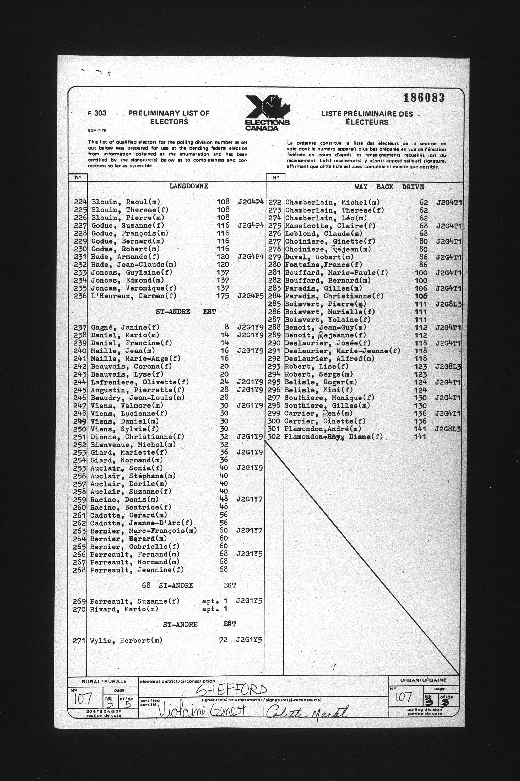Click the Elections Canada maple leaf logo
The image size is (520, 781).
click(x=267, y=112)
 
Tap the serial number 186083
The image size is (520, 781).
click(x=424, y=98)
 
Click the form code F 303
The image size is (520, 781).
click(x=97, y=113)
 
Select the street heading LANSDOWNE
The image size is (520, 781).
click(x=189, y=186)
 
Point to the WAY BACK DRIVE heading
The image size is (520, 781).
click(x=389, y=187)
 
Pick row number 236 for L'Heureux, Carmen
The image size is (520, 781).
click(x=80, y=296)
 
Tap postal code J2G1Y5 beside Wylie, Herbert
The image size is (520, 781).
click(x=249, y=640)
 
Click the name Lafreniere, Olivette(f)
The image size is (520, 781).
click(x=135, y=382)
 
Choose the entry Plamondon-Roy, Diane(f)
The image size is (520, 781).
click(x=333, y=437)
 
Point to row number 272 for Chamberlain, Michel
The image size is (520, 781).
click(x=275, y=202)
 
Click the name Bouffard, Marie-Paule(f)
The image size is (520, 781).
click(x=336, y=273)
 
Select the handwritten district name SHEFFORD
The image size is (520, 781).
click(x=231, y=690)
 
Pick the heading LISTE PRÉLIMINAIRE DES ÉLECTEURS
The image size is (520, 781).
click(x=366, y=118)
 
